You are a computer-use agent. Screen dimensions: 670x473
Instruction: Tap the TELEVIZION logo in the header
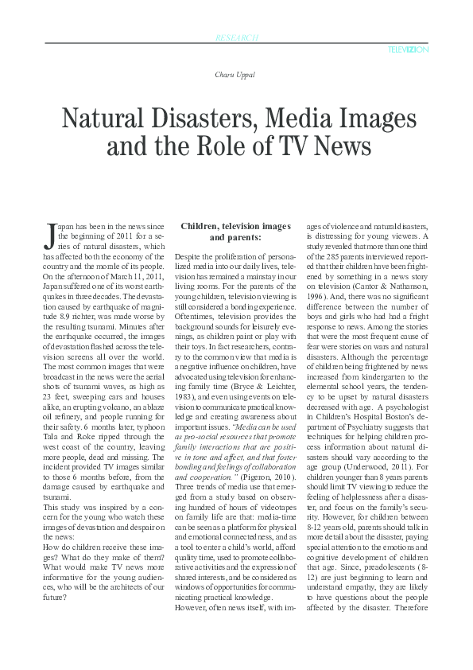(x=409, y=49)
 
